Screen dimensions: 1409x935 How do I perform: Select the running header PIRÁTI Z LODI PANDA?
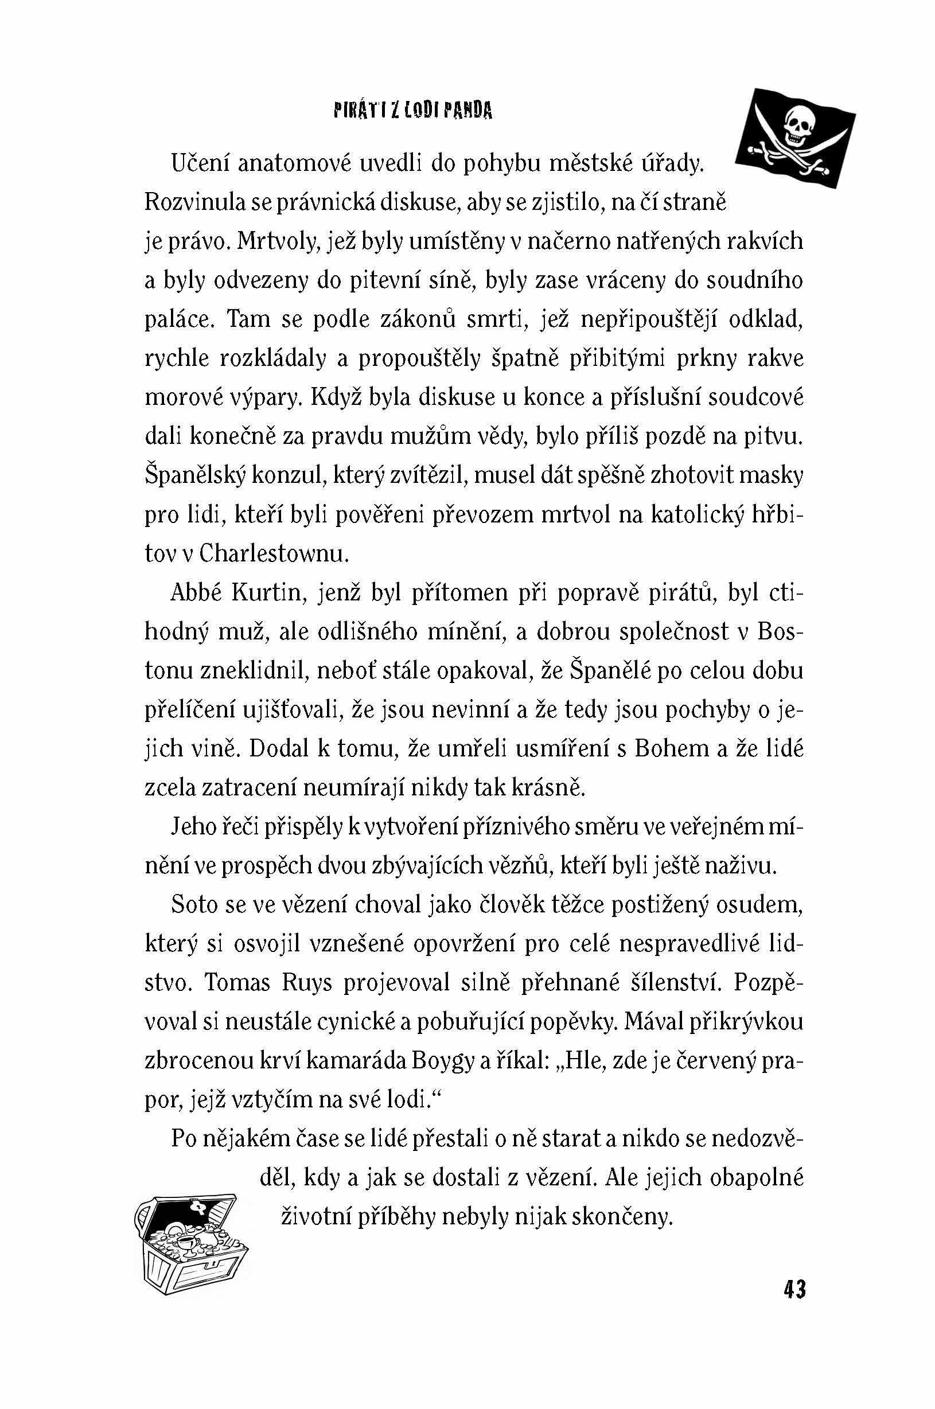coord(413,111)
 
